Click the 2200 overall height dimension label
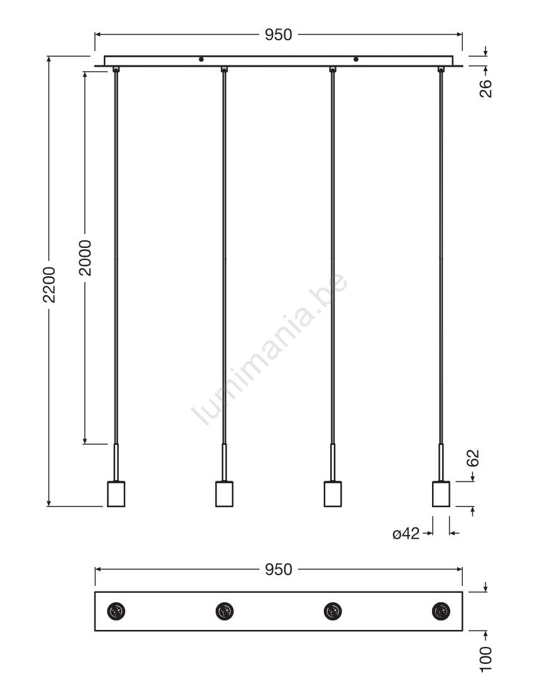coord(49,284)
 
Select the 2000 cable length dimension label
coord(85,258)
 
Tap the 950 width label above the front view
coord(278,35)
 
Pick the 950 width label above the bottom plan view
coord(278,570)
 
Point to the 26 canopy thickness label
coord(486,88)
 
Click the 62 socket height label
coord(474,458)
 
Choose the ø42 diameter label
coord(406,533)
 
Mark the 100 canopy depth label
coord(486,659)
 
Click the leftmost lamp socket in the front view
coord(116,494)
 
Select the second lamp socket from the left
coord(224,494)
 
